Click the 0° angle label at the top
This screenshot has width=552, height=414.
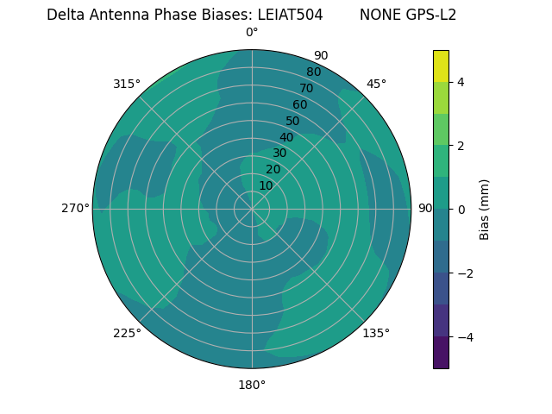coord(252,33)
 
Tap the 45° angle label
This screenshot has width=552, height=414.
coord(376,84)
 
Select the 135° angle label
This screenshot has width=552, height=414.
coord(376,333)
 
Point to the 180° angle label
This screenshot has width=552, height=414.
coord(252,385)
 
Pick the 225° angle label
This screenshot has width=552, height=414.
coord(127,333)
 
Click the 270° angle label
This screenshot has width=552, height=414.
coord(75,208)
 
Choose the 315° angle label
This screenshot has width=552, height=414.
coord(127,84)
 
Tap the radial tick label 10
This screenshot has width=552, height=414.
coord(266,185)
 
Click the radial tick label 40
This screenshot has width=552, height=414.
coord(286,137)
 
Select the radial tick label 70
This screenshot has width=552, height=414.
coord(306,88)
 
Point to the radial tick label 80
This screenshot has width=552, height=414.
coord(313,72)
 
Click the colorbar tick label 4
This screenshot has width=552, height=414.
coord(461,82)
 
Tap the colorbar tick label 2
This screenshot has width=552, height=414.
coord(461,146)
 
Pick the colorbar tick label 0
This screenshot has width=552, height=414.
coord(461,210)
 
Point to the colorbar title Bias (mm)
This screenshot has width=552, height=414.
coord(485,210)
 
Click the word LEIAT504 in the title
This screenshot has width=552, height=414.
coord(291,15)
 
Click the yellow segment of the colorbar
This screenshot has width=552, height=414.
coord(441,66)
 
